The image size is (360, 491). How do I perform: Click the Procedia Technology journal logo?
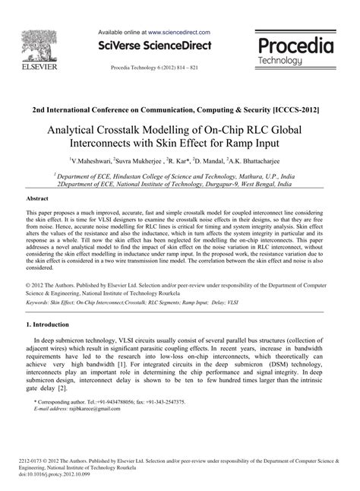pos(295,50)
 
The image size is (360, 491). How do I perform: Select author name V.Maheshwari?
pos(90,161)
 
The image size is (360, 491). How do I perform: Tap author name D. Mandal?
pos(208,161)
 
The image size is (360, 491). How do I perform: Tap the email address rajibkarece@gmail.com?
pos(88,407)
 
